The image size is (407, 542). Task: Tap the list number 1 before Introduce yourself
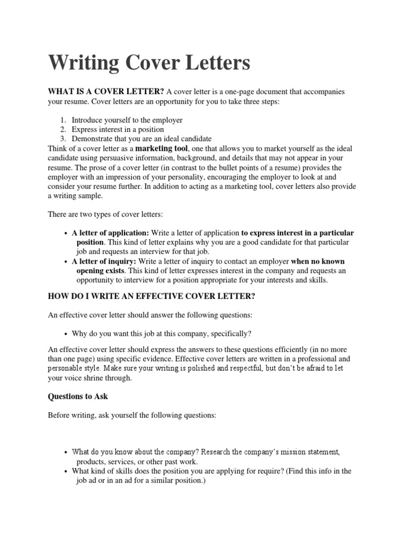[x=62, y=120]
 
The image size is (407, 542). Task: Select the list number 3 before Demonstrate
[x=62, y=138]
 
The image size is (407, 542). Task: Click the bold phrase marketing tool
[x=161, y=148]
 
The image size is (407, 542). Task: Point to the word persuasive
[x=148, y=157]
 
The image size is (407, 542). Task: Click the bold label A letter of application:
[x=110, y=233]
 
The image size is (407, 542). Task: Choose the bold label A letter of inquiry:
[x=104, y=261]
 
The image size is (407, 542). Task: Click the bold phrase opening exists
[x=100, y=270]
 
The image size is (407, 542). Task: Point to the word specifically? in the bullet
[x=230, y=334]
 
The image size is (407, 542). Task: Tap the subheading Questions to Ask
[x=78, y=396]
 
